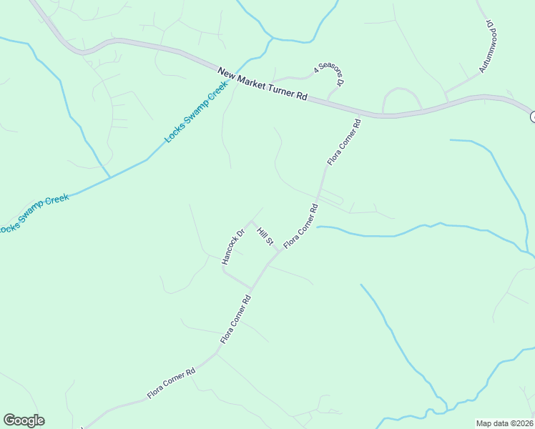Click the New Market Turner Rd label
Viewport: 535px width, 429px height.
[262, 84]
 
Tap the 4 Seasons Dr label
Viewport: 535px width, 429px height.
[330, 74]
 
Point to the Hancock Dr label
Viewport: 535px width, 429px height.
[233, 247]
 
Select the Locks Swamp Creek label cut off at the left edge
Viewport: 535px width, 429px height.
[34, 213]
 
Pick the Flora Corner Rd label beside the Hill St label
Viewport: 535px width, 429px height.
[300, 227]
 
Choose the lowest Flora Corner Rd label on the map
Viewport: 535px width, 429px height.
[172, 384]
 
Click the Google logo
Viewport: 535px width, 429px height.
[24, 420]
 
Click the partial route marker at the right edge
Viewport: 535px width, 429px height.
[532, 116]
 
